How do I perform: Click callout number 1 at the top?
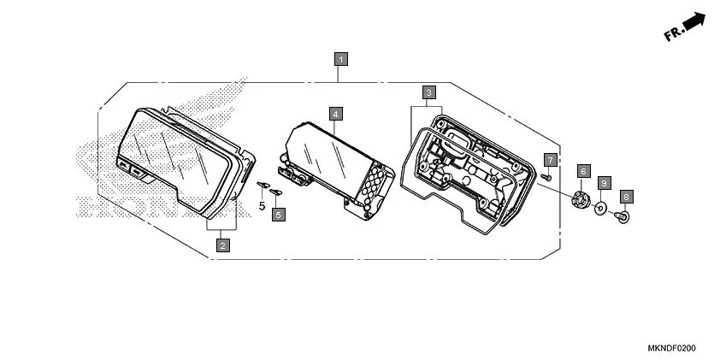click(x=341, y=59)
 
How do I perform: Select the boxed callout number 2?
click(x=222, y=245)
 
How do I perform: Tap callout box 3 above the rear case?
click(x=429, y=91)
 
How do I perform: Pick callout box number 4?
click(x=336, y=114)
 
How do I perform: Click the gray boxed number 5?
click(x=279, y=215)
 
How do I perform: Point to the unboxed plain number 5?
click(x=263, y=206)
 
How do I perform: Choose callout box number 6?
click(x=583, y=171)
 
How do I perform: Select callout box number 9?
click(x=604, y=183)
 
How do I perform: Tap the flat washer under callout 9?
click(x=602, y=208)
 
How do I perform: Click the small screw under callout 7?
click(x=545, y=176)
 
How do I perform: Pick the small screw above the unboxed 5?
click(x=263, y=184)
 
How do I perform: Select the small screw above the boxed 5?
click(x=275, y=192)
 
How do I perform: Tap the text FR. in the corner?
click(x=674, y=33)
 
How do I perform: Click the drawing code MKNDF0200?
click(x=671, y=349)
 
